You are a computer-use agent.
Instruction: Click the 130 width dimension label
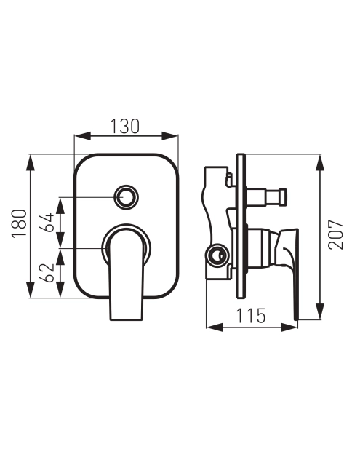coord(125,126)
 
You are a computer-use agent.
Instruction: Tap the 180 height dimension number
coord(20,223)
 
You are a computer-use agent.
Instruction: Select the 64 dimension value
coord(48,223)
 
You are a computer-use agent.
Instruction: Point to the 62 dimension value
coord(48,272)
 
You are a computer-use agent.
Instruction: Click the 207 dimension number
coord(335,234)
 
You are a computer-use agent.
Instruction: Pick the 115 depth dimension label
coord(251,315)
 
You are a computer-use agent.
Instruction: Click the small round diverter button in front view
coord(127,196)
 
